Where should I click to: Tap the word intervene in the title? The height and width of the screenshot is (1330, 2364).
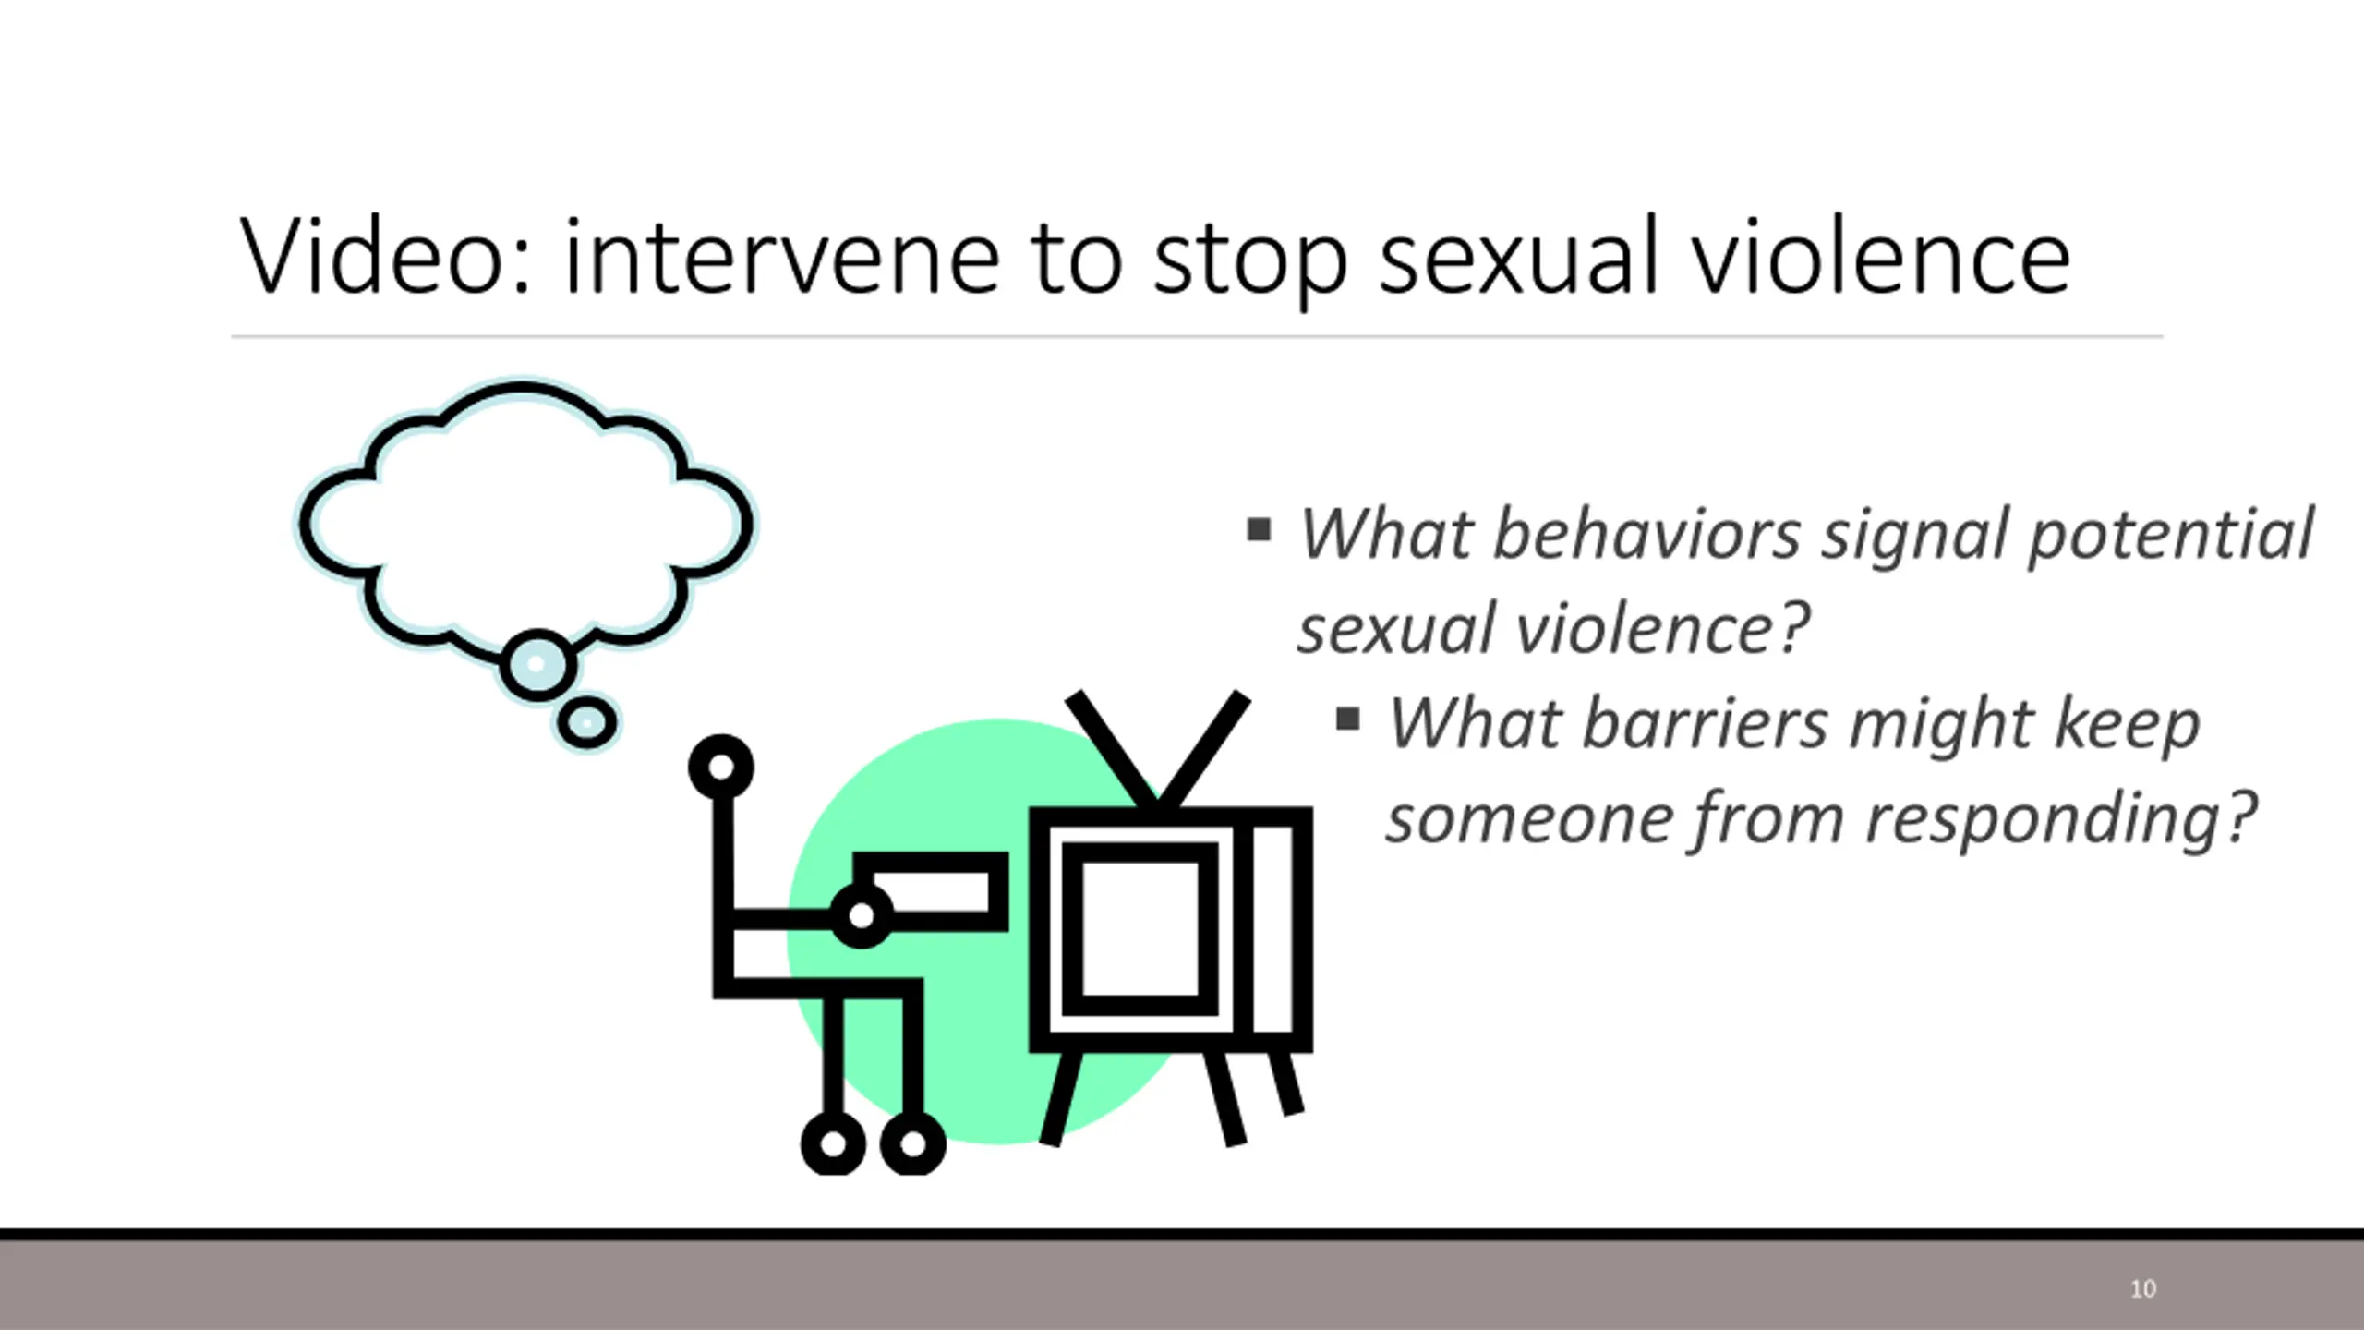[x=781, y=256]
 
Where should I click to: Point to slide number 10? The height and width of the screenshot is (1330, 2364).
[x=2143, y=1288]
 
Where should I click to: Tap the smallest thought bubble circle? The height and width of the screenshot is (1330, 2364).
[x=586, y=722]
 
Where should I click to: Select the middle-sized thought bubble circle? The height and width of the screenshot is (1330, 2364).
[x=538, y=665]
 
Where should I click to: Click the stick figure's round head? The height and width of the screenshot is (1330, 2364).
[x=721, y=767]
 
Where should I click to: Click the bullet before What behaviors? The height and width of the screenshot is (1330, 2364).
[x=1259, y=530]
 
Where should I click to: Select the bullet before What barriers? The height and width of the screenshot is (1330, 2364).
[x=1348, y=718]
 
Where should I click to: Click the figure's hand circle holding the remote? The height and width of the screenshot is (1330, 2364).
[x=862, y=915]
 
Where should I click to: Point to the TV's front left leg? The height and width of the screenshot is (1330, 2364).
[x=1060, y=1099]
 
